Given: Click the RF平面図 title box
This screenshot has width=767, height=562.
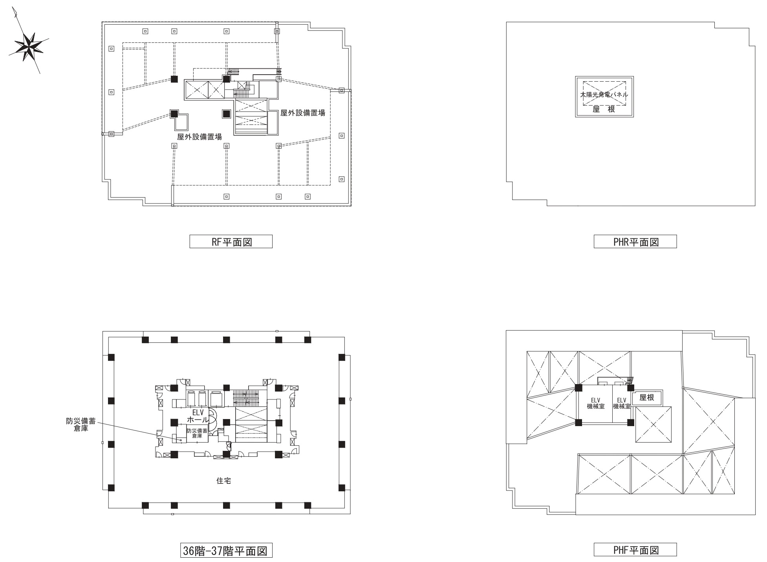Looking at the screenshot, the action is [231, 242].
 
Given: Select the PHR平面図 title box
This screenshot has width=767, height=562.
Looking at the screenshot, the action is [635, 242].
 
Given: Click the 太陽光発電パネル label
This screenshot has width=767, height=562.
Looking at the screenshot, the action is [604, 95].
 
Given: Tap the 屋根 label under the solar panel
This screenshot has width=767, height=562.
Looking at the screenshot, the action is [604, 110].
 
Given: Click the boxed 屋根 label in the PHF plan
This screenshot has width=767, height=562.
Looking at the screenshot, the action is [647, 397].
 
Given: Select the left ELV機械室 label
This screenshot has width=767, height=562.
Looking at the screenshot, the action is [595, 403].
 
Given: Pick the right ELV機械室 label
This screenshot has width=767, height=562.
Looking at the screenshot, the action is [621, 403].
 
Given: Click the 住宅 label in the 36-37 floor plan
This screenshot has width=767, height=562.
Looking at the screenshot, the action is [223, 481].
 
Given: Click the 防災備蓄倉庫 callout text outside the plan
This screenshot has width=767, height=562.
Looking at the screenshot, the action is [81, 425].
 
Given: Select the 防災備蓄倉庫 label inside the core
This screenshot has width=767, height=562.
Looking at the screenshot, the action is [197, 433].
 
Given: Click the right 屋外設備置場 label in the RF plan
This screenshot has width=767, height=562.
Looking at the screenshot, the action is [302, 113].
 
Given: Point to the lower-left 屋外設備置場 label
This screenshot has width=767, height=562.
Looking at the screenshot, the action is [200, 137].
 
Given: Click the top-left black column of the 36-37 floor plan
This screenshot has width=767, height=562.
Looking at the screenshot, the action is [145, 340].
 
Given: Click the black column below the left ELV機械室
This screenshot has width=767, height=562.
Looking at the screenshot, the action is [578, 423].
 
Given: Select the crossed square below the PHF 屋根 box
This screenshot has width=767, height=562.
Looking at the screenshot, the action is [654, 424].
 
